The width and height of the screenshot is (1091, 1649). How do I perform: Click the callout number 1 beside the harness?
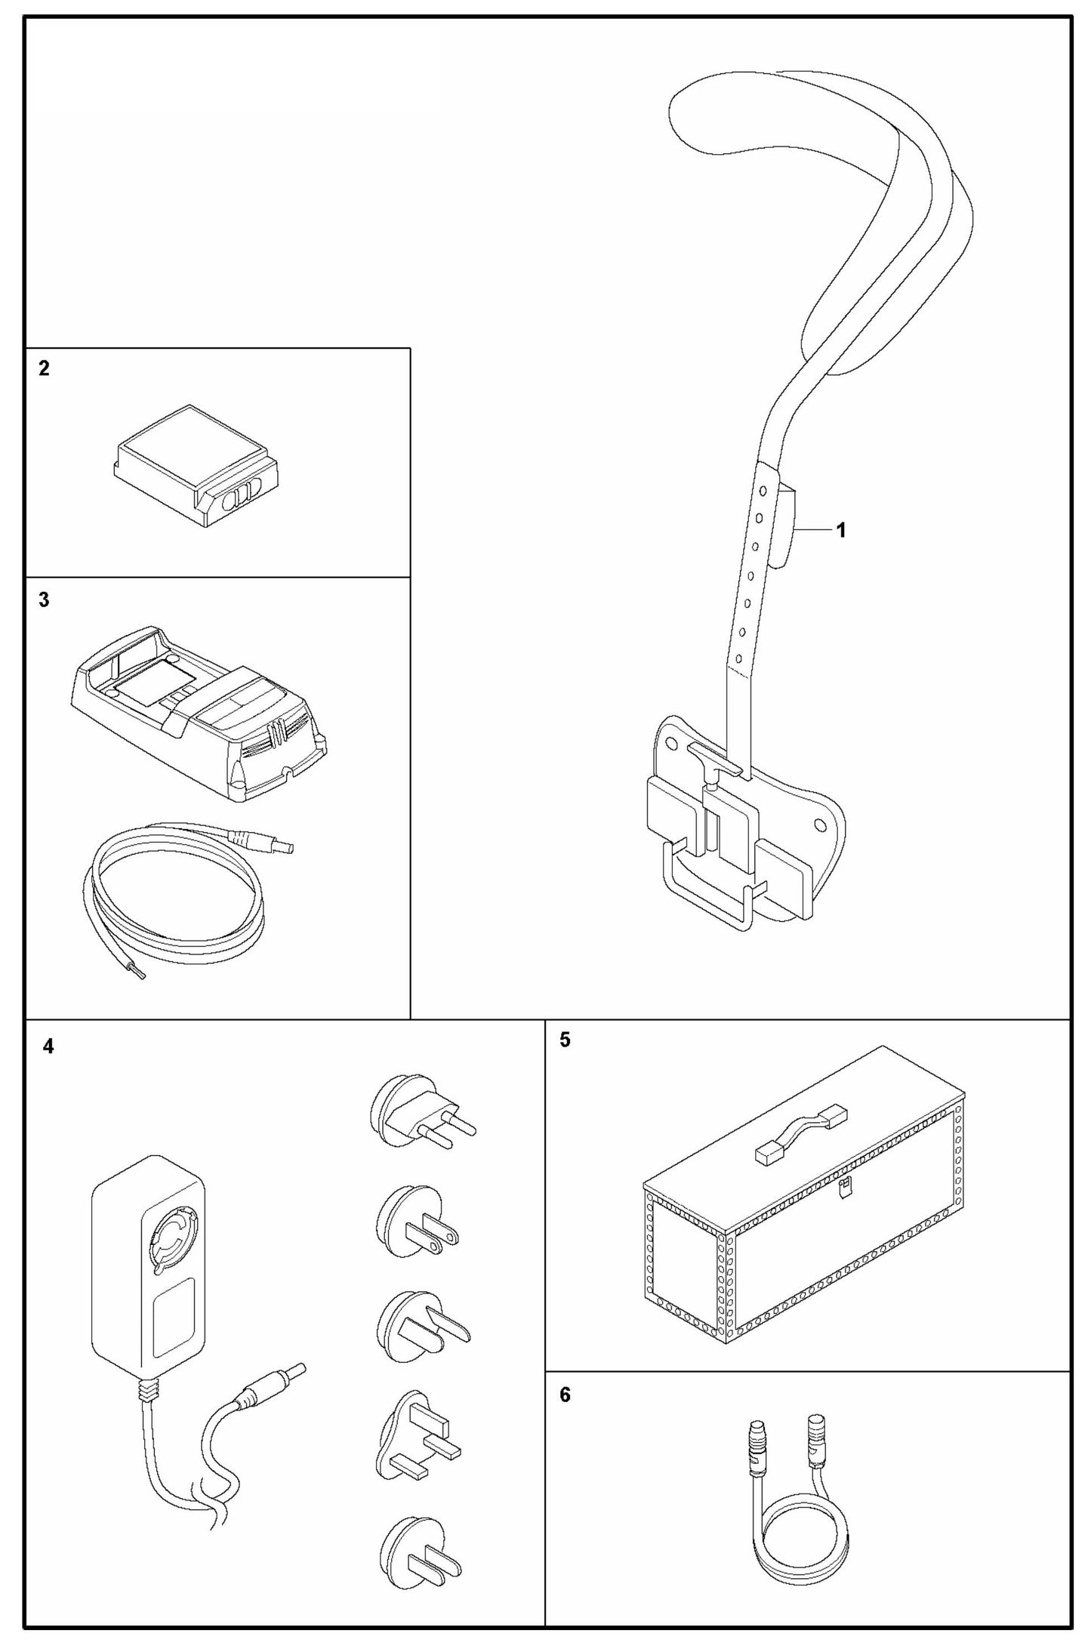click(x=840, y=530)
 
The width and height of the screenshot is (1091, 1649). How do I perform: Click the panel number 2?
click(x=44, y=368)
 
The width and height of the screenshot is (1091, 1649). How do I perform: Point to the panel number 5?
click(x=565, y=1040)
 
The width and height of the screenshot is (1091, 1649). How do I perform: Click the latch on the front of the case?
click(x=847, y=1187)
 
